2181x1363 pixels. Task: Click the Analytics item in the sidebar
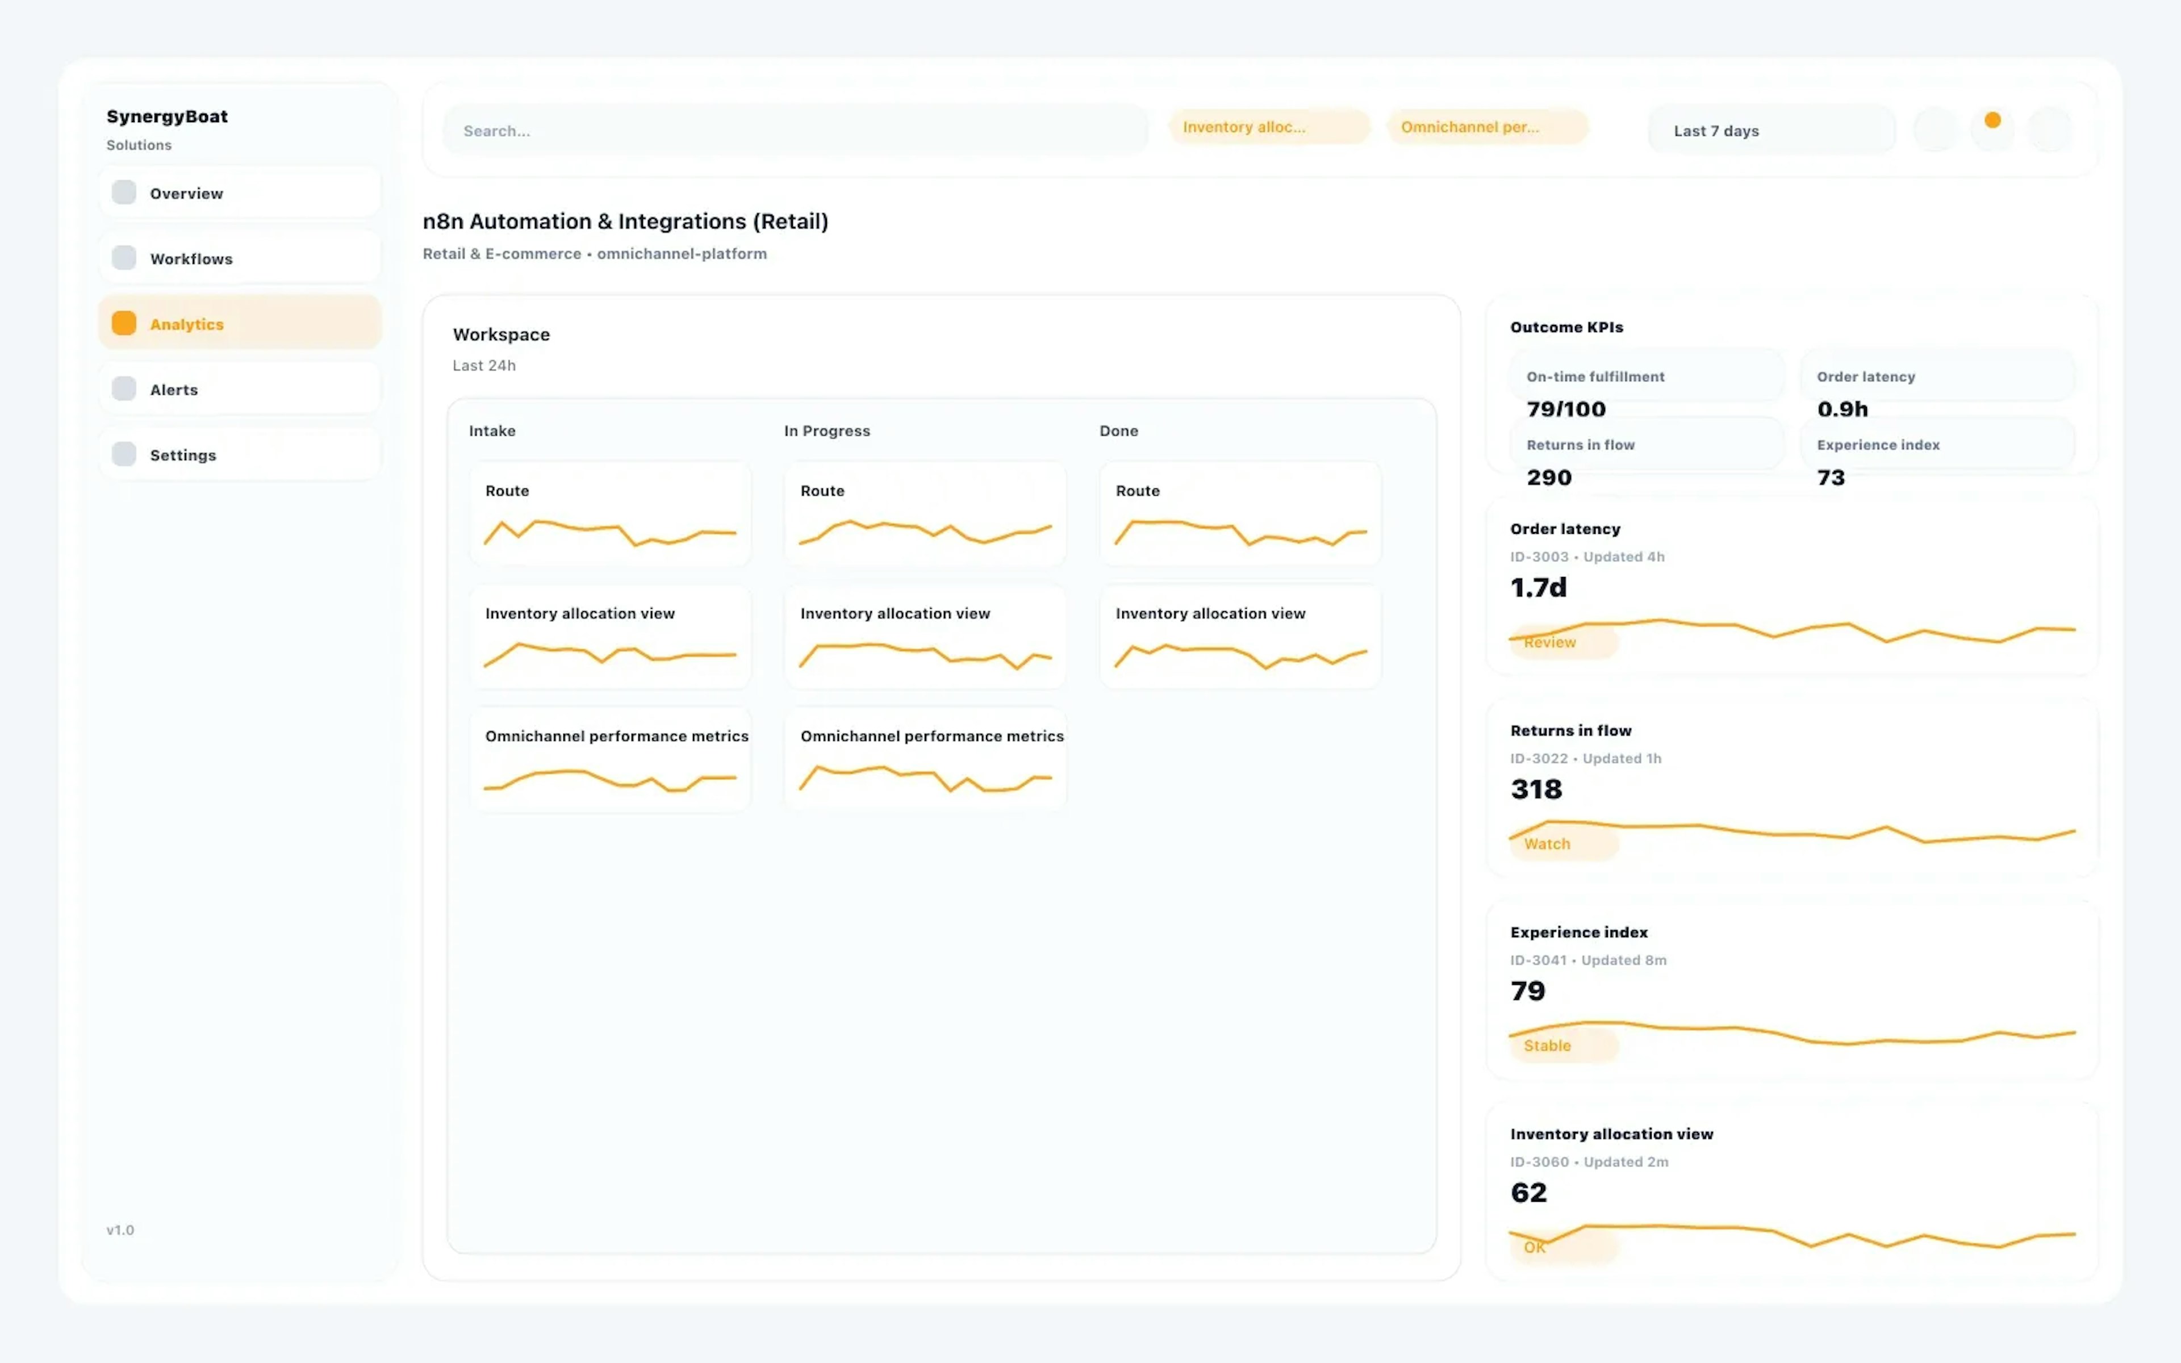(x=240, y=324)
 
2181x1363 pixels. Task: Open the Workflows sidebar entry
(x=240, y=259)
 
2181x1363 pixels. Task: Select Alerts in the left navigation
(x=240, y=390)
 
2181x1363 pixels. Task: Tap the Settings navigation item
(x=240, y=454)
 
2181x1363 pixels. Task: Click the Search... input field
(x=795, y=131)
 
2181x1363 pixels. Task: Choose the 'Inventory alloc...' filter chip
(x=1267, y=127)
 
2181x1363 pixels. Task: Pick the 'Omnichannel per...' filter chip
(x=1485, y=127)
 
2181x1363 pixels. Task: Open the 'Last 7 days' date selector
(x=1770, y=131)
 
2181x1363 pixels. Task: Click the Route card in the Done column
(x=1239, y=514)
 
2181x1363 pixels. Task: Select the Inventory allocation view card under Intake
(x=609, y=637)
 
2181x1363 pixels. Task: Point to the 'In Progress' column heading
(x=826, y=431)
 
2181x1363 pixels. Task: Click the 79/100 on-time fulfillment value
(x=1565, y=409)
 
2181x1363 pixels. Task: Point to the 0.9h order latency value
(x=1842, y=409)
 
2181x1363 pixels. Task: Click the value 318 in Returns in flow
(x=1536, y=789)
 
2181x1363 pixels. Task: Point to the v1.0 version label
(x=120, y=1230)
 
